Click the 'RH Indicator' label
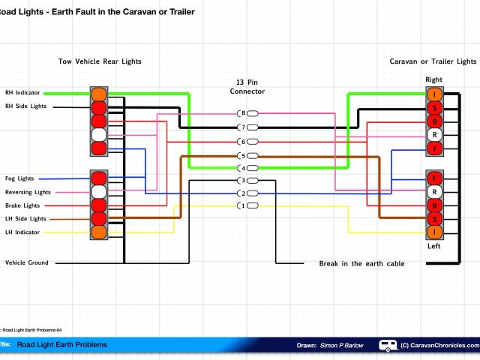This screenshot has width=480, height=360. pos(22,93)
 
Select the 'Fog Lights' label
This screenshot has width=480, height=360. pos(19,178)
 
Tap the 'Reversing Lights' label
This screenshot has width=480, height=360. pos(28,192)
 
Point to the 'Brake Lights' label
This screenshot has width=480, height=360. pos(22,205)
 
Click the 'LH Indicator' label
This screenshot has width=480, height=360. pos(22,232)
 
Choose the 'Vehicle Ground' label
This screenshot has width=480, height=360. pos(26,262)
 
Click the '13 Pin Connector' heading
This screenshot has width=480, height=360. pos(247,85)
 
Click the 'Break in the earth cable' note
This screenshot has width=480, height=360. pos(361,264)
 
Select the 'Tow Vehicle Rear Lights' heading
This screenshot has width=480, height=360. pos(100,61)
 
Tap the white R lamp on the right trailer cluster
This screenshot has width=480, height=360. pos(433,135)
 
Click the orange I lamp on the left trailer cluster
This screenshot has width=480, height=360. pos(433,232)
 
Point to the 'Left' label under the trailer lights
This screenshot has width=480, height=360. pos(433,246)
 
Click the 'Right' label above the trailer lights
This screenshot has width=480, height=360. pos(433,79)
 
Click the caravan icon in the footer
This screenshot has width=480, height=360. pos(388,345)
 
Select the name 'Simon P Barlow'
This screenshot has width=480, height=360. pos(340,346)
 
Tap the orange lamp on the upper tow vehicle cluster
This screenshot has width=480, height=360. pos(98,94)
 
